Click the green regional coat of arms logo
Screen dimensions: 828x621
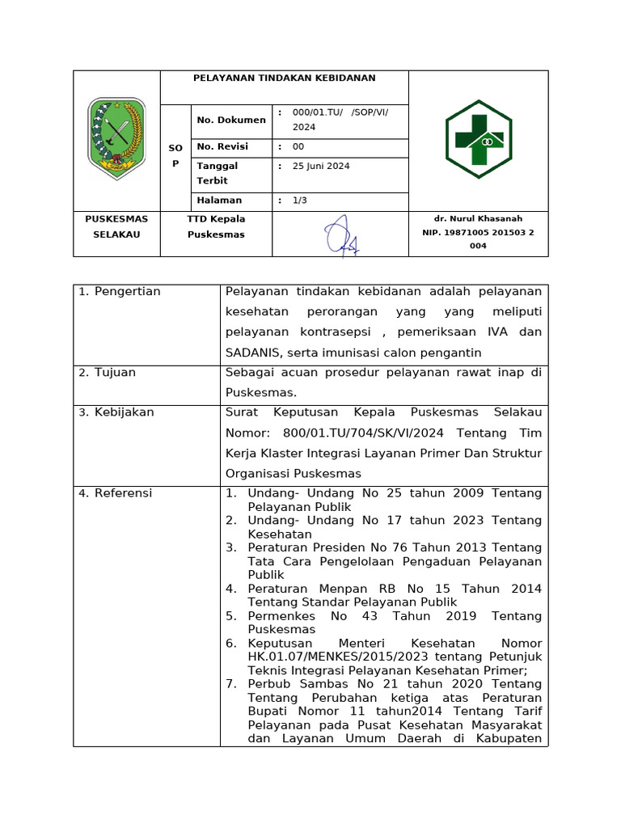click(116, 137)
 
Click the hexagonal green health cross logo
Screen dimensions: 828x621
click(478, 139)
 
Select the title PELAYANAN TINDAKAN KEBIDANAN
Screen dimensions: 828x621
click(284, 78)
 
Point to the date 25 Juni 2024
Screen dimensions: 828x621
click(320, 166)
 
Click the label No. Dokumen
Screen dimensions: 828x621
click(231, 120)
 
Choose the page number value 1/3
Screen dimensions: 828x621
click(300, 201)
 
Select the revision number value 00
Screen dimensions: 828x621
click(298, 147)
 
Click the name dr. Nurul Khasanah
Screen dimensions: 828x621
click(478, 218)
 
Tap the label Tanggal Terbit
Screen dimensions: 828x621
click(218, 173)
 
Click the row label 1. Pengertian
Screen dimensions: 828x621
click(120, 291)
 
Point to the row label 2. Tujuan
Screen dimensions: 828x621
click(108, 373)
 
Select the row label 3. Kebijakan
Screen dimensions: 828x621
click(116, 412)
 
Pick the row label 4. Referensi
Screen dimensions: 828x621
click(116, 493)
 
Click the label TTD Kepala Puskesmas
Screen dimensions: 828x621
click(216, 226)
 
